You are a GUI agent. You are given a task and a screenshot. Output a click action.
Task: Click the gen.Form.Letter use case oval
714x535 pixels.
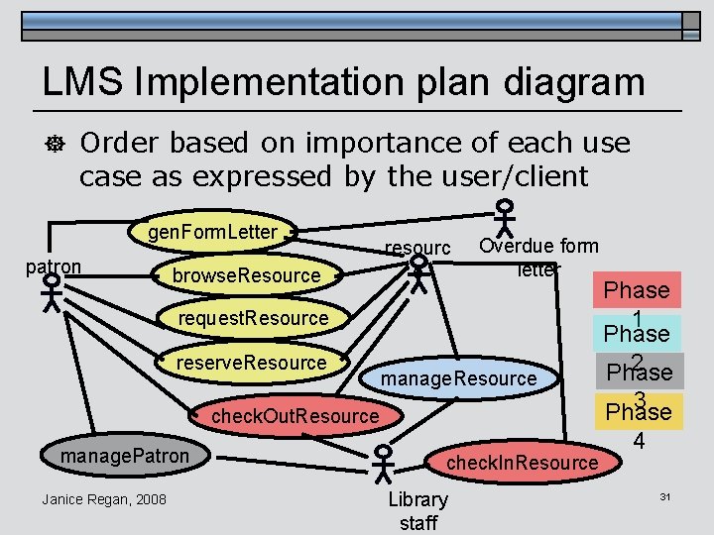(213, 232)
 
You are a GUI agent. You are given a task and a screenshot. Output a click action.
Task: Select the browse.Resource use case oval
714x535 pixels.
(246, 274)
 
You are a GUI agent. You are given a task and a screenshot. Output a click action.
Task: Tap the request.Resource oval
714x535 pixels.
(253, 317)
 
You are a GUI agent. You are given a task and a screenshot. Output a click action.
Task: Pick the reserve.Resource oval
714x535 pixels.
(251, 363)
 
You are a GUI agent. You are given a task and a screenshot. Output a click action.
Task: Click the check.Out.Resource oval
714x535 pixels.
(295, 416)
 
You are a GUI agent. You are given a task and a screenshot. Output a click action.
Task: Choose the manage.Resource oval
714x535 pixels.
(458, 378)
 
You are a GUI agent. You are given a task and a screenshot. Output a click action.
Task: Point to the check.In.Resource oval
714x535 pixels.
(523, 463)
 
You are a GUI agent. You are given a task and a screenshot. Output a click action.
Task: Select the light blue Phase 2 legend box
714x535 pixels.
(637, 333)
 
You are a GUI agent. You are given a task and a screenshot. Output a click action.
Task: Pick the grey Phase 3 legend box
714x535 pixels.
(637, 374)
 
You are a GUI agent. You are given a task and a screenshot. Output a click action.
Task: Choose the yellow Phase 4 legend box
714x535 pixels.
(637, 412)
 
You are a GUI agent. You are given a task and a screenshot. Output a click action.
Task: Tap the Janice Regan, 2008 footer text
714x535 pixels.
(104, 498)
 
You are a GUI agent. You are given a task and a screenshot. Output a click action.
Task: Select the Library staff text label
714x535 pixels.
(417, 510)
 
